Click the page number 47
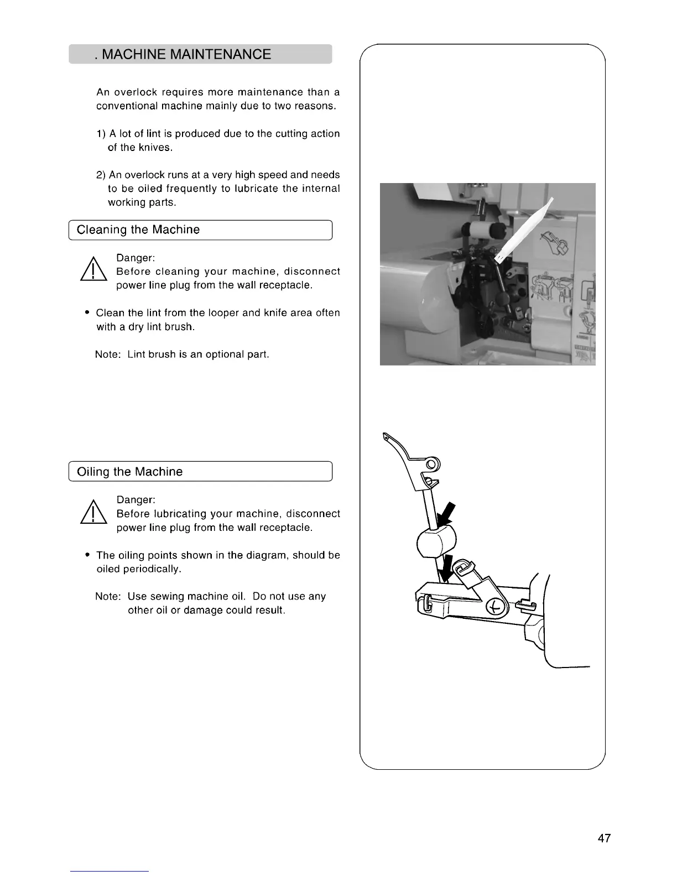604,838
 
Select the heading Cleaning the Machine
138,230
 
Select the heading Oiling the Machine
129,472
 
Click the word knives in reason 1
140,148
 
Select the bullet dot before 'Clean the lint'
87,313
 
